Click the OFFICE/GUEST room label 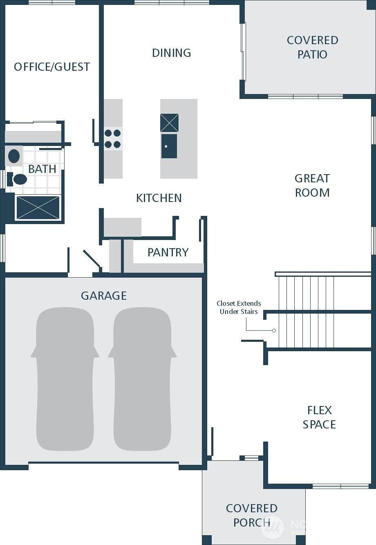(52, 67)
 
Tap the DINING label (172, 53)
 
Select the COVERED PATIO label (313, 47)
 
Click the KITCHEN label (159, 198)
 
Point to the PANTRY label (168, 252)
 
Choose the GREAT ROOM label (312, 185)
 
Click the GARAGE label (104, 296)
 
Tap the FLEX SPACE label (319, 417)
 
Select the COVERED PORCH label (252, 515)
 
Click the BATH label (43, 169)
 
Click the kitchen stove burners (113, 139)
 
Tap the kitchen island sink (169, 146)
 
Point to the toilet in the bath (17, 179)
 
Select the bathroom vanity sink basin (14, 156)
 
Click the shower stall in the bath (38, 208)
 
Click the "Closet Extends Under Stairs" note (239, 307)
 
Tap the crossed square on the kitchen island (170, 123)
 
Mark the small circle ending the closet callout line (274, 330)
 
